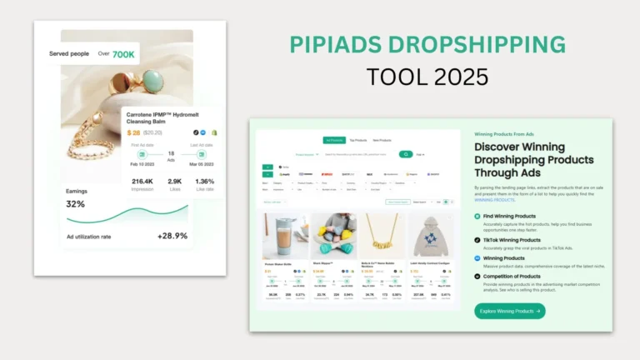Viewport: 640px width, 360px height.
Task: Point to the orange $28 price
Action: tap(133, 132)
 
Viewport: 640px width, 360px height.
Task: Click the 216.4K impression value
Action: tap(142, 181)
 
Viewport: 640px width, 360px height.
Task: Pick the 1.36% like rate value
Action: tap(204, 181)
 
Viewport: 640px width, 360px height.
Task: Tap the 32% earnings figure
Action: tap(75, 204)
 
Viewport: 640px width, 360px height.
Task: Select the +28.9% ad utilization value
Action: tap(172, 236)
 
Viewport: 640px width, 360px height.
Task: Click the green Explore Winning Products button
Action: tap(510, 311)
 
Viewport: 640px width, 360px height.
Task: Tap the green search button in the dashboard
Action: tap(405, 154)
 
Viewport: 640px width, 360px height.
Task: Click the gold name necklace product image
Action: tap(381, 237)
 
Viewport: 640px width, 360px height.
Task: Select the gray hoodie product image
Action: tap(430, 237)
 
